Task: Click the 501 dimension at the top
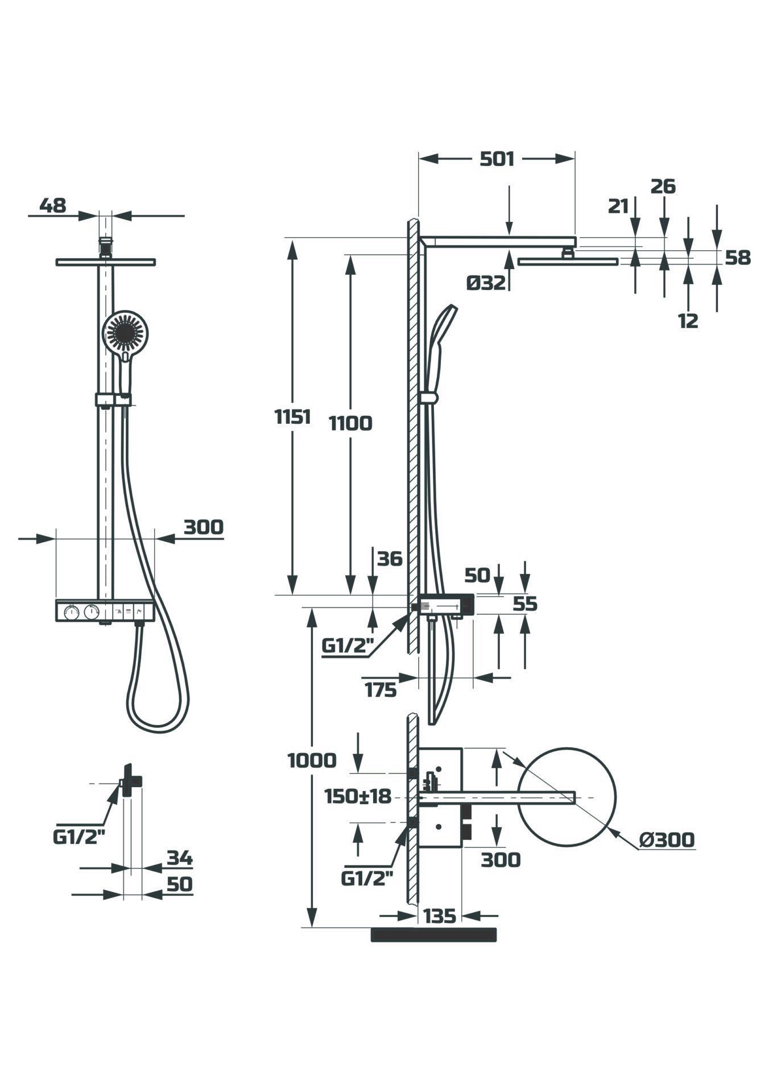[x=497, y=159]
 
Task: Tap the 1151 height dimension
[x=292, y=417]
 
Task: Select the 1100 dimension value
[x=351, y=423]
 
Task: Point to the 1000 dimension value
[x=312, y=760]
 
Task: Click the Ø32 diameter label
[x=486, y=282]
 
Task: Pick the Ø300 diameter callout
[x=667, y=839]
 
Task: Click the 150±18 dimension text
[x=358, y=796]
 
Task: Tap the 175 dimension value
[x=381, y=690]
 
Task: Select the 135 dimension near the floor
[x=440, y=916]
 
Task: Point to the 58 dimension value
[x=738, y=258]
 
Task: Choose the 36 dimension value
[x=390, y=559]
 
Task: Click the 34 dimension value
[x=180, y=858]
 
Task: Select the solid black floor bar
[x=433, y=934]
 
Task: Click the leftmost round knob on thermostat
[x=71, y=613]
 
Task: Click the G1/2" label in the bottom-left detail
[x=80, y=837]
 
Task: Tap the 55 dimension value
[x=524, y=603]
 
